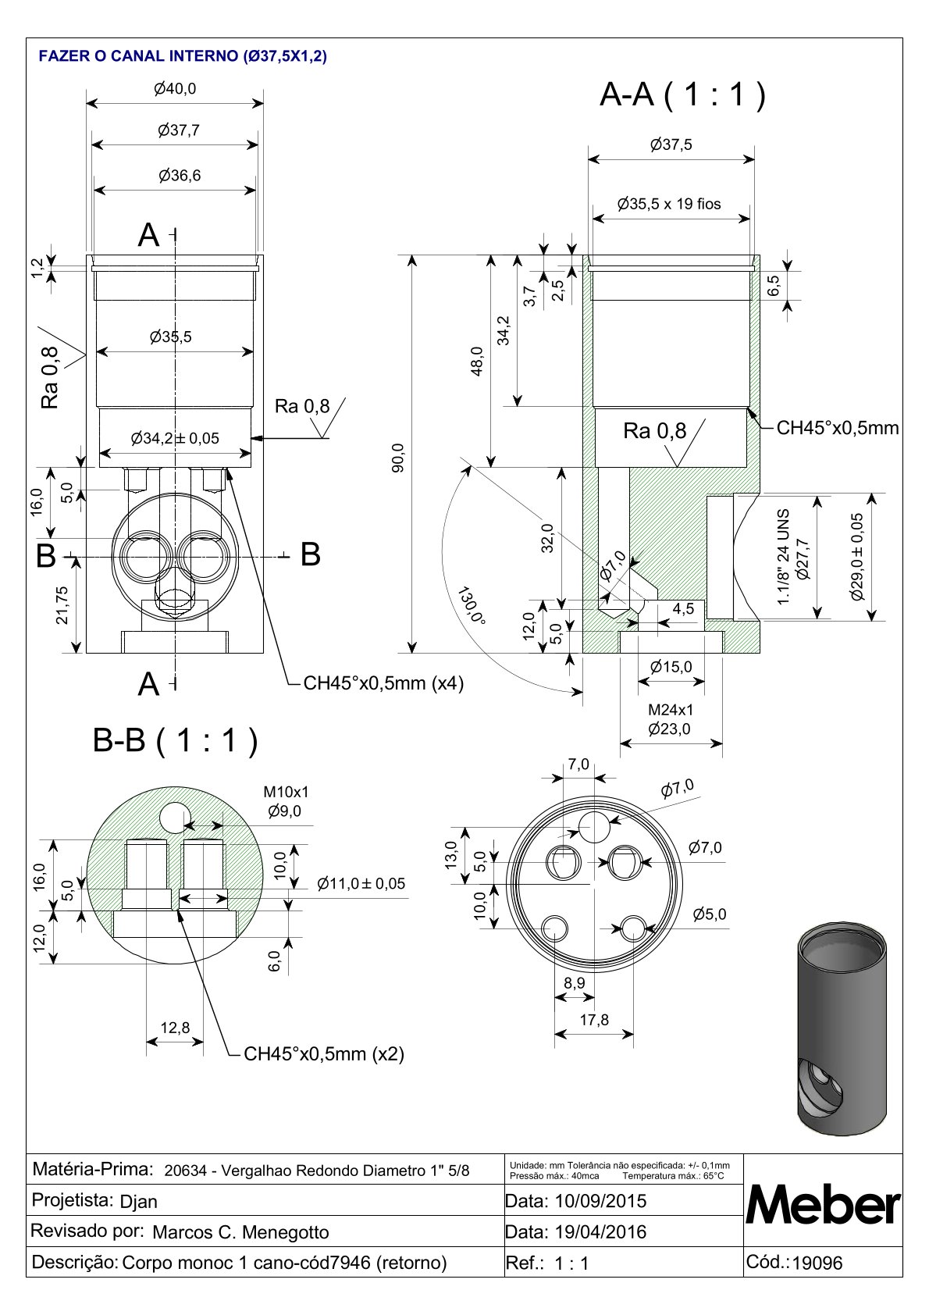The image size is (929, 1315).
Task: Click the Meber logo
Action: point(823,1206)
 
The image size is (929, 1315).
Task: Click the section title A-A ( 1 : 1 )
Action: point(682,95)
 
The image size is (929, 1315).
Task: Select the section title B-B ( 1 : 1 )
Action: point(175,740)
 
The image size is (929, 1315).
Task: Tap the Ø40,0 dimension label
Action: point(175,89)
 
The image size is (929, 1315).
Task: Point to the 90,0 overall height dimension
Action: point(398,458)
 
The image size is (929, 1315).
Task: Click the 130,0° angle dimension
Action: point(473,605)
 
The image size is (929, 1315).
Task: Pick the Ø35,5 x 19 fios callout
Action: point(669,205)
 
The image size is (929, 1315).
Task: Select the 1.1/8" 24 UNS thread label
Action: point(784,556)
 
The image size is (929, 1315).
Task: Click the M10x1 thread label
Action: point(286,793)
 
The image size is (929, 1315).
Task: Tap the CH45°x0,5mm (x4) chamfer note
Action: point(383,683)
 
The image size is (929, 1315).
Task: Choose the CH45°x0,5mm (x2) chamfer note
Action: point(324,1054)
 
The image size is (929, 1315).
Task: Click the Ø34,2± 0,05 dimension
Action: point(175,439)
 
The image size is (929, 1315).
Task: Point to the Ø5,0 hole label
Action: point(710,914)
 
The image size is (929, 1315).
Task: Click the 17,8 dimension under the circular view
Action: point(594,1020)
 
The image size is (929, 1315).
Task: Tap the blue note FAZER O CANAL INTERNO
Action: point(183,56)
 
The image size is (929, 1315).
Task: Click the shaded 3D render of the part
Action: point(842,1028)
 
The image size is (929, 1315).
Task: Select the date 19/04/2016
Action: point(600,1232)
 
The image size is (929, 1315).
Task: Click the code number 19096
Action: point(817,1263)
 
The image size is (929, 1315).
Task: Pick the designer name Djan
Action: point(139,1202)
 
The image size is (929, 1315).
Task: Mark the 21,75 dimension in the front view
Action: point(62,605)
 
